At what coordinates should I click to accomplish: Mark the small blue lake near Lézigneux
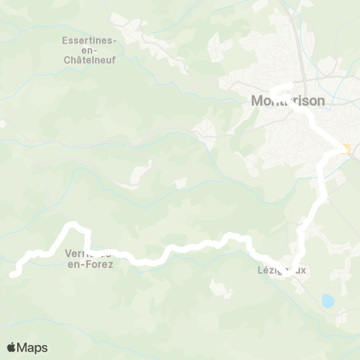pyautogui.click(x=328, y=301)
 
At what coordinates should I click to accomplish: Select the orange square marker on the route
pyautogui.click(x=346, y=149)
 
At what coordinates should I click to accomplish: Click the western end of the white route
pyautogui.click(x=13, y=274)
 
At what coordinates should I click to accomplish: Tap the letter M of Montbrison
pyautogui.click(x=255, y=100)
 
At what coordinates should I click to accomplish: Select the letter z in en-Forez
pyautogui.click(x=111, y=263)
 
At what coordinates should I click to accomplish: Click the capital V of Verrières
pyautogui.click(x=70, y=253)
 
